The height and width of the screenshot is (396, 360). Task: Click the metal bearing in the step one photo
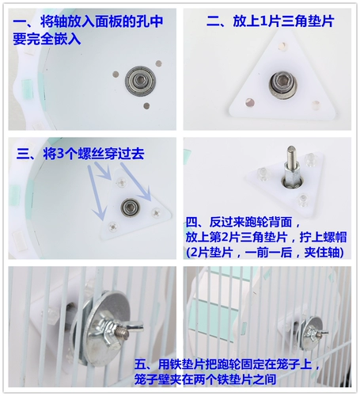[140, 80]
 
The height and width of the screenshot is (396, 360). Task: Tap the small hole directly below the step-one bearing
[146, 106]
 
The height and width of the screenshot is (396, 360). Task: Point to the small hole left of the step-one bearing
[116, 74]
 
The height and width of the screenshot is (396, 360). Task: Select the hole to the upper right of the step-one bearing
[158, 63]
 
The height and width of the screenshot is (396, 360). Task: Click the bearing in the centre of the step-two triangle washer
[283, 85]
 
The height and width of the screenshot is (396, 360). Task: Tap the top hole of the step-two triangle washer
[282, 46]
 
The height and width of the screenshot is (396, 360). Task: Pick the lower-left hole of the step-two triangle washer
[249, 102]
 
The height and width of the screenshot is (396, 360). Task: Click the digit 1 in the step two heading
[263, 21]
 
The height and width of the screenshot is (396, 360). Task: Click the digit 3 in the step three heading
[60, 154]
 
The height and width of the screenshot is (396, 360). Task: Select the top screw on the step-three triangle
[122, 181]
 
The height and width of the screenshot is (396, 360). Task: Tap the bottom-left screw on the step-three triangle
[113, 227]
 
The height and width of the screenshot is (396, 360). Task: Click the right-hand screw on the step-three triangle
[156, 212]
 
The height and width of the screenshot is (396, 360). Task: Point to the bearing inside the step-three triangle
[130, 207]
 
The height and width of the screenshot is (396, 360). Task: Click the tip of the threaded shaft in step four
[291, 147]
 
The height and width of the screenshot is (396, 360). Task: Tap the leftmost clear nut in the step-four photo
[263, 174]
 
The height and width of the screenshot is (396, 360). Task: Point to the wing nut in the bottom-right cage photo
[316, 332]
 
